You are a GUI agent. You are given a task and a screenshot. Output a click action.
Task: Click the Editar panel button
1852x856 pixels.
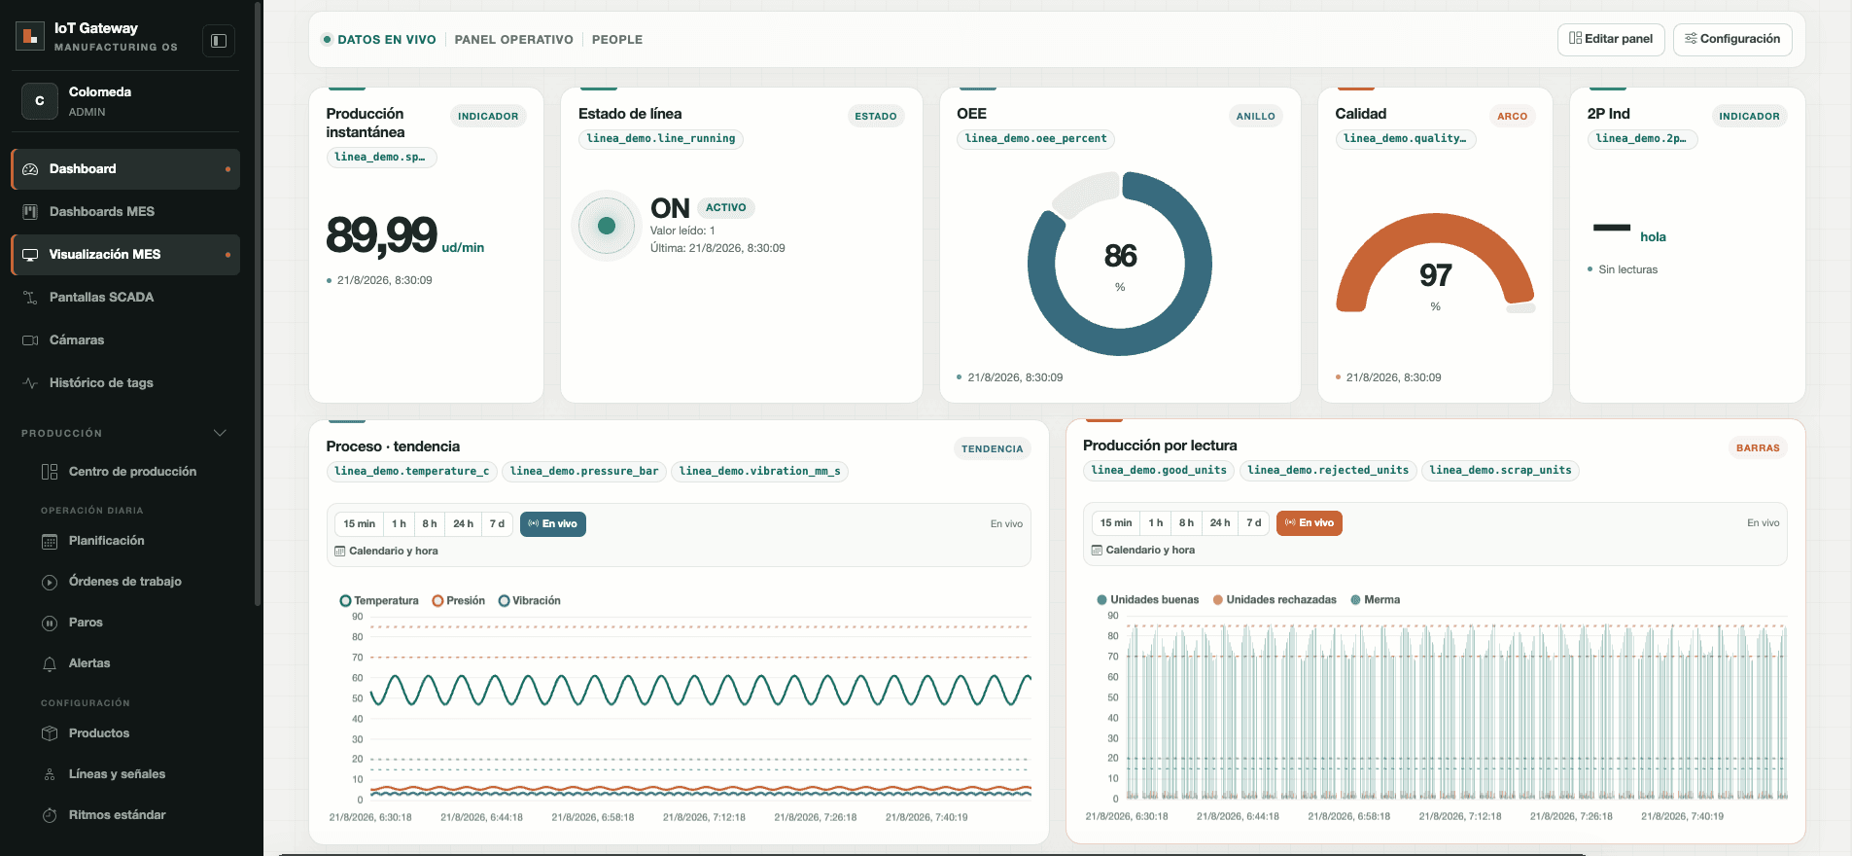(1611, 39)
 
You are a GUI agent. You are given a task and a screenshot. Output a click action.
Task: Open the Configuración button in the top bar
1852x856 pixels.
(1732, 39)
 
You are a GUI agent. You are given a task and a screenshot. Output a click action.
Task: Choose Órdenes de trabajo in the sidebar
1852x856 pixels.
(125, 582)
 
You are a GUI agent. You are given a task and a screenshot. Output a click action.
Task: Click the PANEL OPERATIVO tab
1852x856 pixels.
(513, 40)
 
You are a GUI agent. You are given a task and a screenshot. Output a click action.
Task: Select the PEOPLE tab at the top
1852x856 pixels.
(617, 40)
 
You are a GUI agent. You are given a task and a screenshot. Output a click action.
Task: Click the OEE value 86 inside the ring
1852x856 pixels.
(1120, 256)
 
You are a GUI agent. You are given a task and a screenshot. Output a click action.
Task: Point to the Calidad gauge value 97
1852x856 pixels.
(1435, 275)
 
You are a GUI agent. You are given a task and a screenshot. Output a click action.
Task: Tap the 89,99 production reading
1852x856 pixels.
(381, 235)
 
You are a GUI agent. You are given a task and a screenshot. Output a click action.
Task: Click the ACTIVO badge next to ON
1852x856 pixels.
(725, 207)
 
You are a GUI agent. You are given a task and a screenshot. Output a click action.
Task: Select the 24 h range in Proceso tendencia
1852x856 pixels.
(463, 524)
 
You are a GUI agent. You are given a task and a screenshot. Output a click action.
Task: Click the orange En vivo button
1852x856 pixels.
(1309, 523)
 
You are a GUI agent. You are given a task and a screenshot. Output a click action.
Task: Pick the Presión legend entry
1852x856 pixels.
(459, 601)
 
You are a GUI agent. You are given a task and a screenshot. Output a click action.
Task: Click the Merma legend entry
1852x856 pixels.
(1376, 600)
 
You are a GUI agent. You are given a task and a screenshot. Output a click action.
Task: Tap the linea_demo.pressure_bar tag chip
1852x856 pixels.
(584, 472)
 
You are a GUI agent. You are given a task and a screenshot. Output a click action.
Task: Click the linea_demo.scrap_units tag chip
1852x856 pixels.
(1500, 471)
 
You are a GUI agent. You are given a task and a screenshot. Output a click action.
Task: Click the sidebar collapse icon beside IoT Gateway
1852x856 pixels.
(219, 41)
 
